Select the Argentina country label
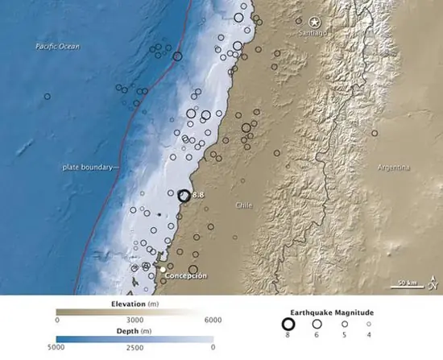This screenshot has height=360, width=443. click(x=392, y=168)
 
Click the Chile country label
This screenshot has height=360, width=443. click(x=243, y=205)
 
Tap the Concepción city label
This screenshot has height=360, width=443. click(x=185, y=276)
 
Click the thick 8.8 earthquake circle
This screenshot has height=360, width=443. click(x=184, y=195)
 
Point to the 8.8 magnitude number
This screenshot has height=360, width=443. click(x=198, y=195)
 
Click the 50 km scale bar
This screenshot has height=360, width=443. click(x=407, y=283)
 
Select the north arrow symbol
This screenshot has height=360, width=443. click(x=433, y=281)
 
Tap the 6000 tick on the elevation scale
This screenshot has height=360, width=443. click(x=212, y=321)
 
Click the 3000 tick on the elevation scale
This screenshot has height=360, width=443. click(x=134, y=321)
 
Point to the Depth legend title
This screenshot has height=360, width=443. click(x=135, y=331)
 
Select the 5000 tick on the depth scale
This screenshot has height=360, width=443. click(x=56, y=348)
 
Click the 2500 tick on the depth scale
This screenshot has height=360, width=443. click(x=134, y=348)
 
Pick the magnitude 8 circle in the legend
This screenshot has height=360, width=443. click(x=289, y=325)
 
